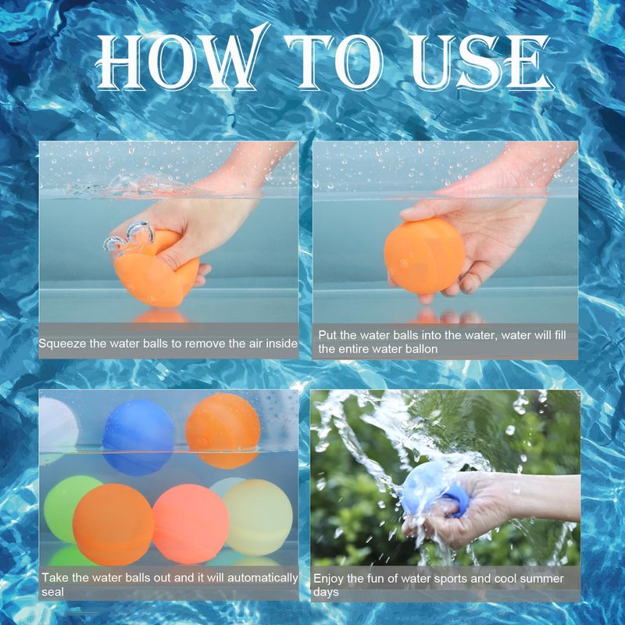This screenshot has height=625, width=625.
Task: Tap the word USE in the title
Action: [481, 62]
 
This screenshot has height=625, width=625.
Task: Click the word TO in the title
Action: [336, 62]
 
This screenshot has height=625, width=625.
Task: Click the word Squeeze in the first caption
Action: [62, 344]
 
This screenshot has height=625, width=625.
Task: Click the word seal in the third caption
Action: [52, 592]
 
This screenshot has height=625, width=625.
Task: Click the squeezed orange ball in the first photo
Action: [158, 271]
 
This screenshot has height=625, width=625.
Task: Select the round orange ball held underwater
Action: [424, 256]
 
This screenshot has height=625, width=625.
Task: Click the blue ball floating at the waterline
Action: [138, 437]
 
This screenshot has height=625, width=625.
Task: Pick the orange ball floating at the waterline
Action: [223, 431]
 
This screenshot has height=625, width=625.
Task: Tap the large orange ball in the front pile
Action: [113, 524]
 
